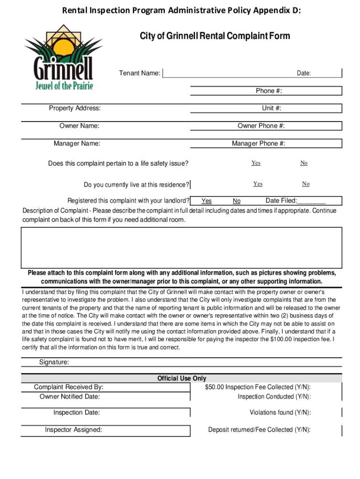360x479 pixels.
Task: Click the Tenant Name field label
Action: pos(140,73)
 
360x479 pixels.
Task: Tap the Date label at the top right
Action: pos(304,73)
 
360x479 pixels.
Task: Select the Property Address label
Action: pos(75,108)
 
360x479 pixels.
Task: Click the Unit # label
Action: pos(272,108)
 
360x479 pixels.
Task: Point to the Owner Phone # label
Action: pos(261,125)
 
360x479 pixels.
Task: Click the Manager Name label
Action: pos(77,144)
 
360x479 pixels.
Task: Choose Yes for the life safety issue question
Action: pos(256,163)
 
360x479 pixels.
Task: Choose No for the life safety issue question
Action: pos(304,163)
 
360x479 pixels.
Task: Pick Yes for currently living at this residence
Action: pos(258,184)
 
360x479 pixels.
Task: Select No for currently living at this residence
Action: pos(306,184)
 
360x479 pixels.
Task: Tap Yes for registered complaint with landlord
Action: pos(206,201)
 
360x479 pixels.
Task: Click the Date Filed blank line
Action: pos(311,202)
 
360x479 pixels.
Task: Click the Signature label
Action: pos(54,363)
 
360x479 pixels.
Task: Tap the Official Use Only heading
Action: pos(182,378)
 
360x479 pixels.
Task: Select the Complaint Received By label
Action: pos(69,387)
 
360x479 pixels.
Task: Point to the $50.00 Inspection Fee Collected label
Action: pos(258,387)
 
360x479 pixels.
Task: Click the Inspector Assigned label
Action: pos(73,429)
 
